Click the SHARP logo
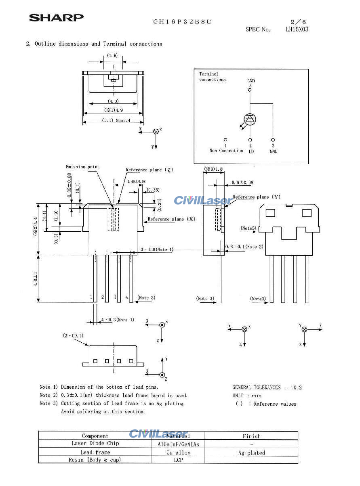tap(56, 18)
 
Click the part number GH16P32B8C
tap(182, 22)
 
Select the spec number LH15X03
tap(297, 29)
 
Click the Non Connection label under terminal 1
tap(226, 151)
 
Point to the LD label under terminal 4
tap(251, 151)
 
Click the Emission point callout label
tap(82, 167)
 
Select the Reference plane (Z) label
tap(149, 170)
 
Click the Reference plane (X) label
tap(171, 219)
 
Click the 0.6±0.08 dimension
tap(242, 182)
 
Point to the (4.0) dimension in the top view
tap(113, 101)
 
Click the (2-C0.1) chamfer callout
tap(73, 335)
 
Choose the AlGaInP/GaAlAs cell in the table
tap(178, 444)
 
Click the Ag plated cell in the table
tap(251, 453)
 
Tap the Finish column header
tap(251, 436)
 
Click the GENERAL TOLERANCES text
tap(256, 388)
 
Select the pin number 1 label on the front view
tap(91, 297)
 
